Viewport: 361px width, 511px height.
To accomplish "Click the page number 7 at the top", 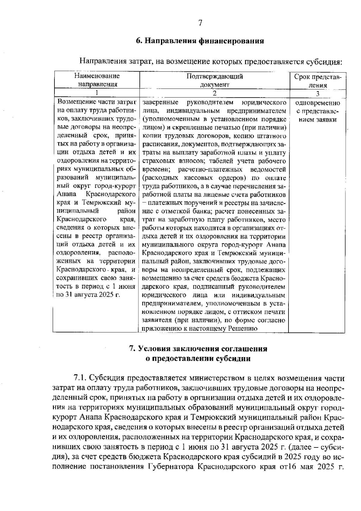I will point(200,23).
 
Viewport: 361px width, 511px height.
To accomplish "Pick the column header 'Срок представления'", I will point(317,81).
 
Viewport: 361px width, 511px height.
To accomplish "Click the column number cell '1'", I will point(97,93).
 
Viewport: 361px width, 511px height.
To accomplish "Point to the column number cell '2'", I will point(214,93).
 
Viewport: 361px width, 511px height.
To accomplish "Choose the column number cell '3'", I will point(317,93).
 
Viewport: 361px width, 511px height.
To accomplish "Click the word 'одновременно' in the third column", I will point(317,103).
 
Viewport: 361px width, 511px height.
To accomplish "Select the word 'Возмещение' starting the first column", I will point(74,103).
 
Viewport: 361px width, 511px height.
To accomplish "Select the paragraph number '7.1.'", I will point(81,378).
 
